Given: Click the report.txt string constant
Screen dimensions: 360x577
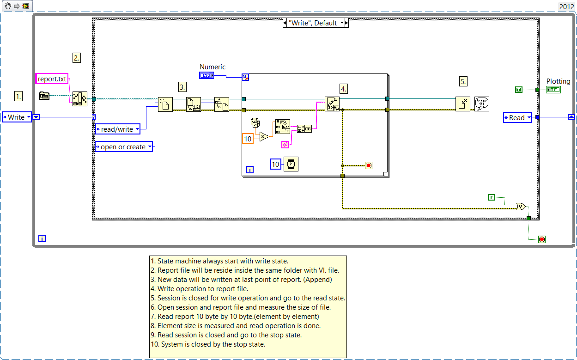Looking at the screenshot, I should tap(52, 79).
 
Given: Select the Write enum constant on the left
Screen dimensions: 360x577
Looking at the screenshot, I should tap(17, 117).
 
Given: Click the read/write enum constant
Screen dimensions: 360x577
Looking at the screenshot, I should tap(117, 129).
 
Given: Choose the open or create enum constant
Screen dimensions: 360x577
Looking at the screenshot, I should tap(123, 147).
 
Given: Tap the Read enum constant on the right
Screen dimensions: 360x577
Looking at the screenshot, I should tap(517, 118).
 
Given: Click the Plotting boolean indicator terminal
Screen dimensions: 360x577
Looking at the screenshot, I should tap(553, 90).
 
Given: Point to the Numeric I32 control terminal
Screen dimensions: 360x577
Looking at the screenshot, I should tap(206, 75).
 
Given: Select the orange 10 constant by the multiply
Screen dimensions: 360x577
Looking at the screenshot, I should tap(248, 139).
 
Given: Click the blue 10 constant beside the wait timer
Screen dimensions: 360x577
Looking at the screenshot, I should tap(276, 164).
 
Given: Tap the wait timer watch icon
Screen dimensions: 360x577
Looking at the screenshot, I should tap(291, 164).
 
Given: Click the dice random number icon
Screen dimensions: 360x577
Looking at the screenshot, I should tap(255, 123).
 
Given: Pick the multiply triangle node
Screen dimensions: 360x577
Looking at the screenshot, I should tap(264, 136).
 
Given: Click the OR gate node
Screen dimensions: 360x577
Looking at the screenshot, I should tap(520, 207).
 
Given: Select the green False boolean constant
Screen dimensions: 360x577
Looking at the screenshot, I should tap(492, 197).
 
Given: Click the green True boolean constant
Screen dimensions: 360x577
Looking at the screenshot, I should tap(519, 90).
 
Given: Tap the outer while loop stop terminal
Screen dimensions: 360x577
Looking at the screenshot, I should tap(542, 239).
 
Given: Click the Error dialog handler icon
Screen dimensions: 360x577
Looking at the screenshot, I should tap(481, 104).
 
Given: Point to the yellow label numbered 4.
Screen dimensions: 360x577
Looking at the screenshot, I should tap(343, 88).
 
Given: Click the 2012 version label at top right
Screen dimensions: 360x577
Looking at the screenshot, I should tap(566, 6).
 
